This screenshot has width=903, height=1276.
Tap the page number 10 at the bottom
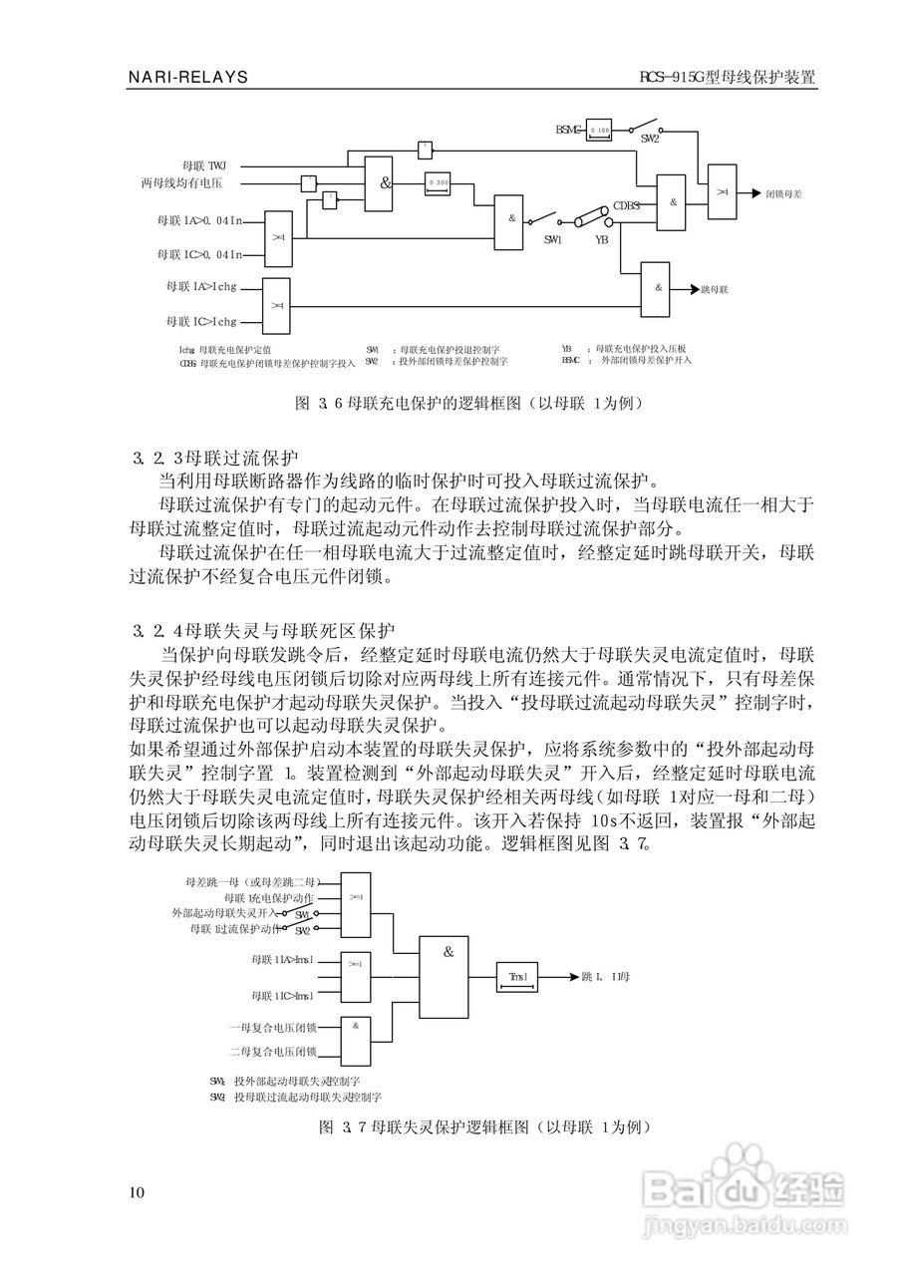pos(137,1193)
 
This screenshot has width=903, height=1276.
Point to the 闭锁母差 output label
pos(783,192)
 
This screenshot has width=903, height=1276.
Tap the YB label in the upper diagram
pos(602,239)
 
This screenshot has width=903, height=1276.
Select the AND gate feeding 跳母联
pos(658,287)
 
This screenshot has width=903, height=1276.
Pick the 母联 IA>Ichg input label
pos(202,286)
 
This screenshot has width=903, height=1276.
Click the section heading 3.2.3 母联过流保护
pos(215,459)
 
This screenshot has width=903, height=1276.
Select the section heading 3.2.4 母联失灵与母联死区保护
pos(264,631)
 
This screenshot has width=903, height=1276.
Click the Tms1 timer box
pos(518,977)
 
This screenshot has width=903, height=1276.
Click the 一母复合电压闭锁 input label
pos(272,1026)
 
